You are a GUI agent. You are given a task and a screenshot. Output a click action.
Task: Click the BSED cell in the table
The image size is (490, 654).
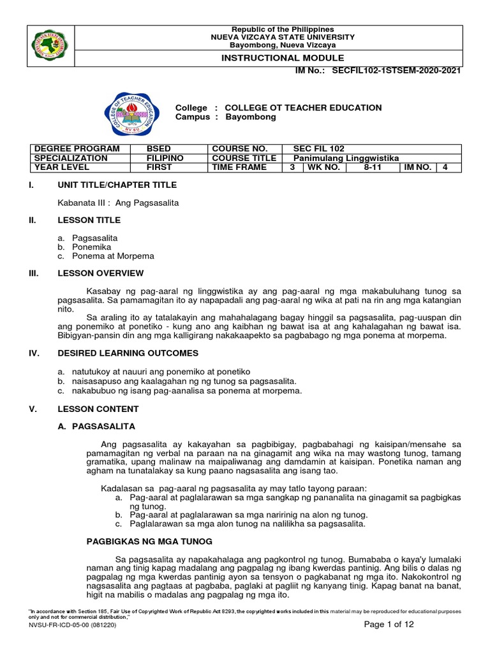(160, 148)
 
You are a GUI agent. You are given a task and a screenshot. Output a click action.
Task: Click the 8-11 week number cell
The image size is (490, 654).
(371, 167)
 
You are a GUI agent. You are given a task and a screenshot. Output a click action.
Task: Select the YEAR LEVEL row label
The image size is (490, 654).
(62, 167)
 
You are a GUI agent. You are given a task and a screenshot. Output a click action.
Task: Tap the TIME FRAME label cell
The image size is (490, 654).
(240, 167)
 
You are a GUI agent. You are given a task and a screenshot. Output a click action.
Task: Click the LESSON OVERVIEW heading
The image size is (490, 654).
(100, 273)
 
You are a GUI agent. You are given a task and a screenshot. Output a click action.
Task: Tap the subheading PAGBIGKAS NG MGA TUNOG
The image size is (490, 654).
(149, 542)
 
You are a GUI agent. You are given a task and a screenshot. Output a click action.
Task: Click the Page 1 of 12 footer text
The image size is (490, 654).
(389, 625)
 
